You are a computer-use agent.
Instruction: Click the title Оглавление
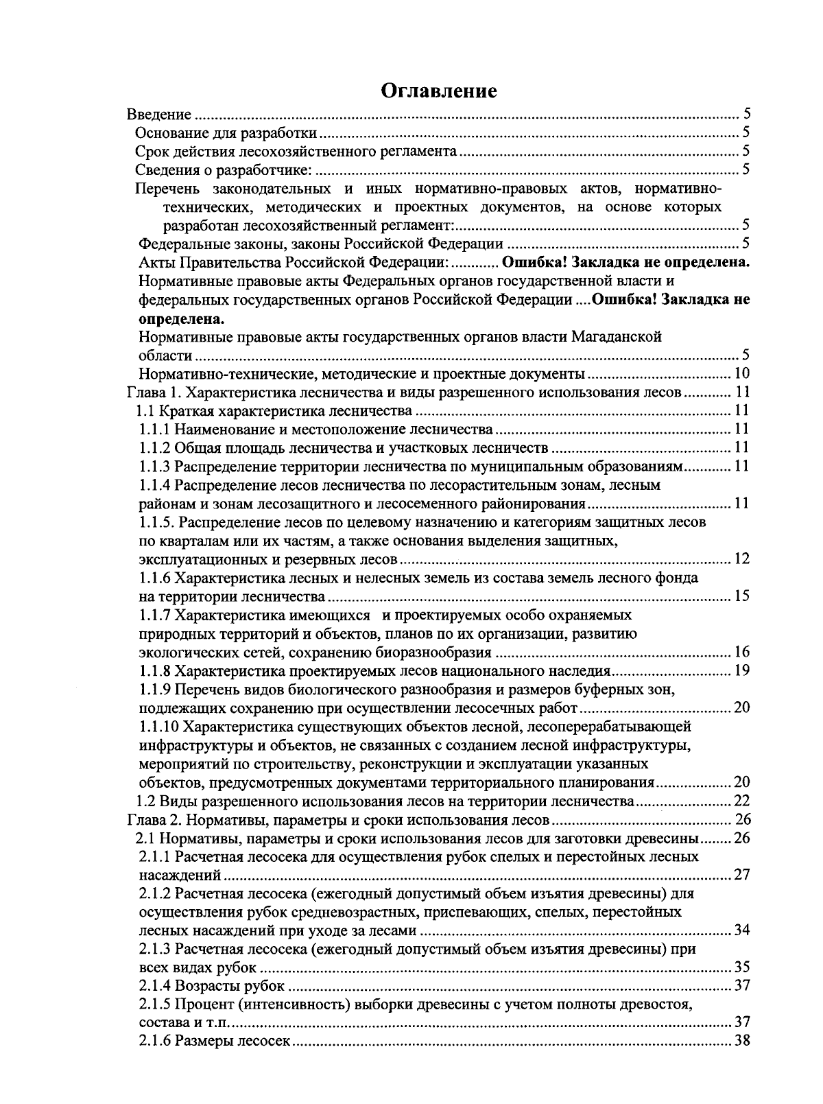(439, 91)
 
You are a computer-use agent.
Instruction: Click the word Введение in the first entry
(159, 115)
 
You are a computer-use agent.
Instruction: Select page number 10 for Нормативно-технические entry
(741, 374)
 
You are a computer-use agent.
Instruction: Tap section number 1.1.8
(154, 670)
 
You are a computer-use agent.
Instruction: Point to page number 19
(741, 670)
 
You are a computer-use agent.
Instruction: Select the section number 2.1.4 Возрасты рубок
(154, 986)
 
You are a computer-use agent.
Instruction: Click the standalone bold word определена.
(180, 319)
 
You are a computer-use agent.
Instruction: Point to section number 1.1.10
(158, 726)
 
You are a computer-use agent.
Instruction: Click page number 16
(741, 652)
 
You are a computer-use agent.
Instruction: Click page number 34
(741, 930)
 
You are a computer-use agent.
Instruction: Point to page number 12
(741, 559)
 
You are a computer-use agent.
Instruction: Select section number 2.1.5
(154, 1005)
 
